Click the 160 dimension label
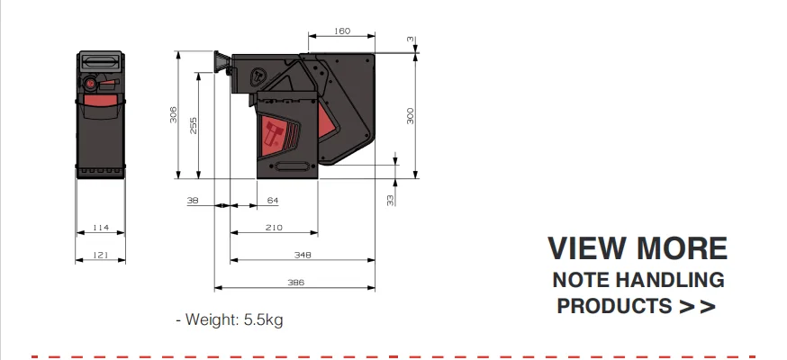click(x=342, y=31)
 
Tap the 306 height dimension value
click(x=173, y=115)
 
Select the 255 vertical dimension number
click(x=194, y=125)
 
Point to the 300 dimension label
click(x=410, y=116)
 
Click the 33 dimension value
click(x=391, y=200)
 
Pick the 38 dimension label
click(x=193, y=201)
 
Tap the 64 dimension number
click(x=273, y=201)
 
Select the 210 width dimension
click(x=274, y=228)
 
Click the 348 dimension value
click(x=303, y=256)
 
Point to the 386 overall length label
click(x=295, y=283)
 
